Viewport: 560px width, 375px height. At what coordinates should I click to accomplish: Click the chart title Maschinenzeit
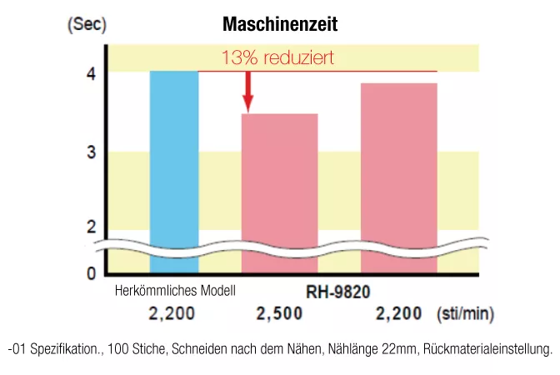click(x=280, y=25)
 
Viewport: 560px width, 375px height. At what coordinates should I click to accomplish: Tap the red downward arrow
click(x=247, y=92)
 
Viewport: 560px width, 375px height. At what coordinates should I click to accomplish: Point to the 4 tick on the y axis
click(x=89, y=73)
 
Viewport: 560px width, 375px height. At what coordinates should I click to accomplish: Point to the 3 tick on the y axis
click(x=89, y=152)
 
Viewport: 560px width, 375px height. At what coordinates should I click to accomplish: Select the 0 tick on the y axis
click(x=89, y=272)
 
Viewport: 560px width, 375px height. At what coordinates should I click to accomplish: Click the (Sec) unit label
click(x=86, y=24)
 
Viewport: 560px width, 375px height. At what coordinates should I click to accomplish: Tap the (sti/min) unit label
click(x=466, y=314)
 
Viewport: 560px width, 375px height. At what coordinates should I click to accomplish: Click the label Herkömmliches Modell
click(x=175, y=291)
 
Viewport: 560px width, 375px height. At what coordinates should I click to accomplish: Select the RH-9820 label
click(x=336, y=292)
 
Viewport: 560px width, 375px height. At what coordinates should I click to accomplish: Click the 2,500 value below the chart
click(x=279, y=314)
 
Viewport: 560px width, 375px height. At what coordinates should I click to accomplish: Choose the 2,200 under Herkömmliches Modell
click(x=172, y=314)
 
